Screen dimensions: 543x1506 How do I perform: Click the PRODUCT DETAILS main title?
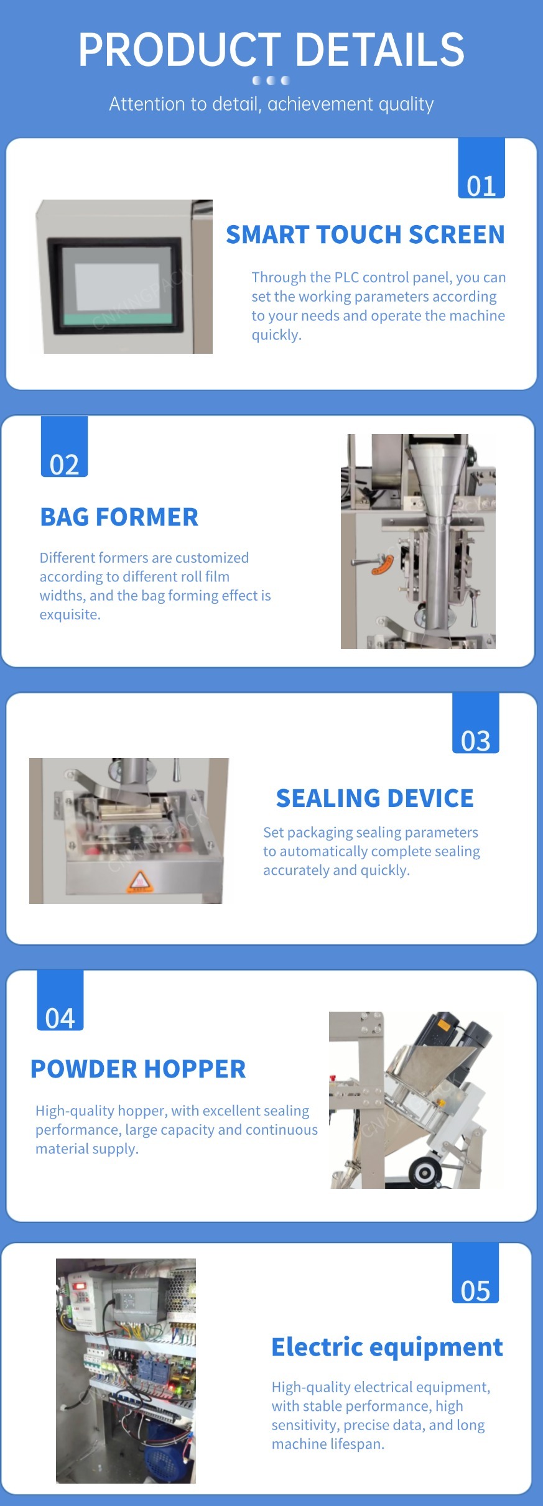271,50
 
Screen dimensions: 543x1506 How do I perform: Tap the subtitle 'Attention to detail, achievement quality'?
271,104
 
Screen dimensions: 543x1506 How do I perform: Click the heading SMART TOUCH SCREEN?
365,234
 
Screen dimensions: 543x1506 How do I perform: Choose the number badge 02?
64,446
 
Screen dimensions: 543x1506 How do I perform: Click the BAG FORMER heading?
119,517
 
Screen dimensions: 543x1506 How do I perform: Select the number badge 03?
476,723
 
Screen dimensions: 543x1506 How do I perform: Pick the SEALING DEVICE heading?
374,798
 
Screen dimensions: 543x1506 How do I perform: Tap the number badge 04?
60,1000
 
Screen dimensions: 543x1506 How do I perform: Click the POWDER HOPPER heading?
138,1069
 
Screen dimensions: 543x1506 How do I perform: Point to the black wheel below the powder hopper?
425,1173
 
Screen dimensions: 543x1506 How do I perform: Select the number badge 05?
476,1273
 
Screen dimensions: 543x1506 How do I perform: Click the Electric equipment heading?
387,1347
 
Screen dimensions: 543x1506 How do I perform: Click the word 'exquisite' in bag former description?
70,615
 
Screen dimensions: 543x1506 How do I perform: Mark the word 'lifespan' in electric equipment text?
358,1444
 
